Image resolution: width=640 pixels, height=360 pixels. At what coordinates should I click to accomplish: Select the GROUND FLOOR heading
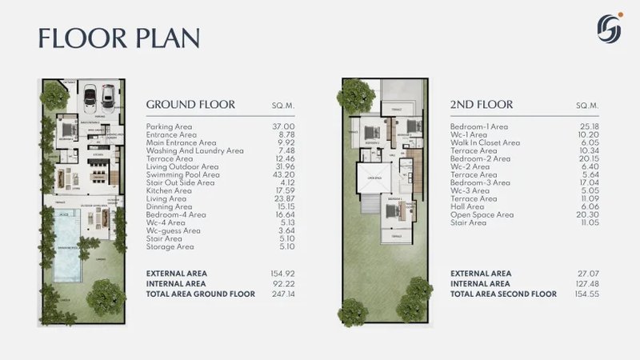pos(190,105)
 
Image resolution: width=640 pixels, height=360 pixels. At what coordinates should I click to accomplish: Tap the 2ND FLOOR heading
pos(481,105)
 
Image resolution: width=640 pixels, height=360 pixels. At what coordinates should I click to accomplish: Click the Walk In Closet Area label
pos(485,142)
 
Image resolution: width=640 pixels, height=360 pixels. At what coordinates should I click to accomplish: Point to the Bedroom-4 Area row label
pos(176,214)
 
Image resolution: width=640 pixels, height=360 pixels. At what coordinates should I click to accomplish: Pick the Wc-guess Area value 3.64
pos(286,230)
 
